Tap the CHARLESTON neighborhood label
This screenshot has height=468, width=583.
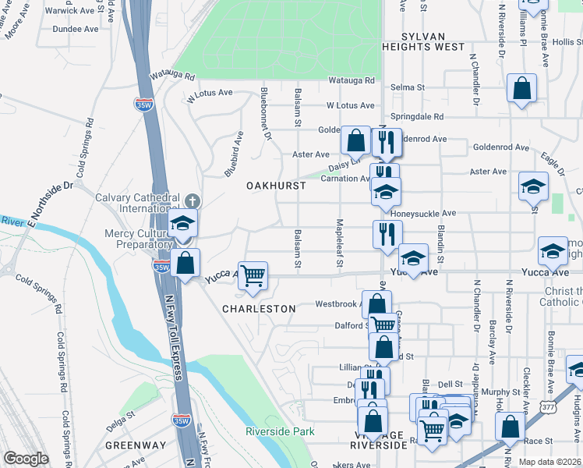click(259, 309)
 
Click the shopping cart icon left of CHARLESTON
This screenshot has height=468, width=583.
click(253, 275)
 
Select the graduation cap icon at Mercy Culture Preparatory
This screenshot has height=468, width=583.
click(182, 224)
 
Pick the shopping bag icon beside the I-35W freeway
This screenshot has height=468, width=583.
click(185, 262)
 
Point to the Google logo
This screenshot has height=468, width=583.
click(26, 459)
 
